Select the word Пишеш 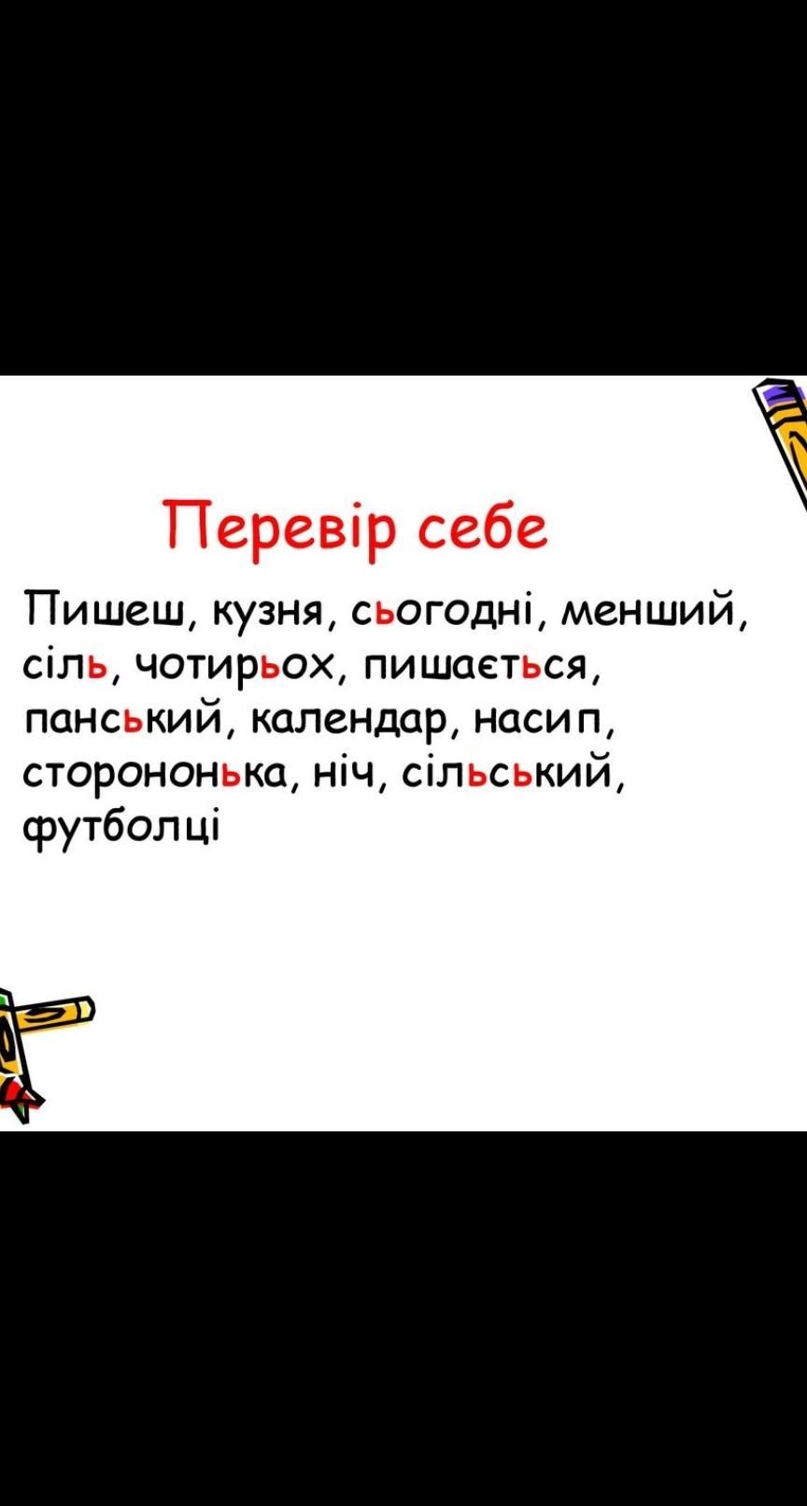pos(105,610)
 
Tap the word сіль pos(65,664)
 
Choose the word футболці pos(120,829)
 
